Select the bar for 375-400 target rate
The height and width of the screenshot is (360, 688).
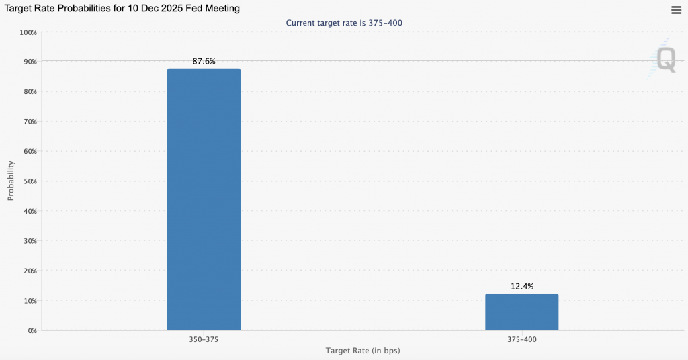521,312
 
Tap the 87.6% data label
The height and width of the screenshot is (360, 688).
204,61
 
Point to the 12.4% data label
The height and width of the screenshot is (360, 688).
521,286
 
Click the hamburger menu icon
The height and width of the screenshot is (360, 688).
676,9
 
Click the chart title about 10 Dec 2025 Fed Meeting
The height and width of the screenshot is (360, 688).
122,9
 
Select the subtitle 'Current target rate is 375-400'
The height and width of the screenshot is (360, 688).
344,23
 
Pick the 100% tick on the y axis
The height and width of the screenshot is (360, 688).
28,32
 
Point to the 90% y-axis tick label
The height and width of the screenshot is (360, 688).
30,62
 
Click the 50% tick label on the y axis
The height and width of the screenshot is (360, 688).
30,181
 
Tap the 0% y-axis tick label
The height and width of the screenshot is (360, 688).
32,331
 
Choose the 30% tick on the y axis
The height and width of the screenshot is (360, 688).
30,241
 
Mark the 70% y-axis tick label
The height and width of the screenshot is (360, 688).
30,122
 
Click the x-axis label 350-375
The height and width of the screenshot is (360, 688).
204,340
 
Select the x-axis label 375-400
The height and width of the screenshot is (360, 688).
521,340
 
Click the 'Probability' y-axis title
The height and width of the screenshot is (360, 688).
11,181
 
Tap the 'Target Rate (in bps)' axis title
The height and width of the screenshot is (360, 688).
363,351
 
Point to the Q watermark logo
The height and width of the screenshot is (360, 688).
665,59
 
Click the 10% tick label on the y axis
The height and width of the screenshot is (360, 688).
30,301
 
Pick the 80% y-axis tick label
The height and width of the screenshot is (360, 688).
30,91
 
